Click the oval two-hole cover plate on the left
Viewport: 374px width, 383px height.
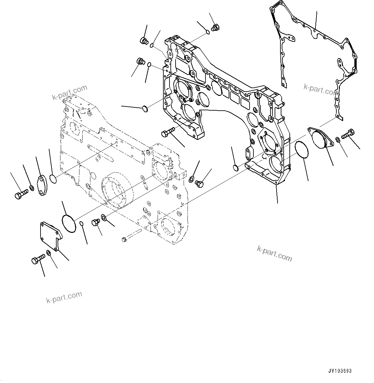coord(43,186)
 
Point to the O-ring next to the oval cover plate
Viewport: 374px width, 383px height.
coord(53,178)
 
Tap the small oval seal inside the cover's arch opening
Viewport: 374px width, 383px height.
coord(235,168)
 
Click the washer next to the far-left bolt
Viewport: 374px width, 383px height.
coord(32,187)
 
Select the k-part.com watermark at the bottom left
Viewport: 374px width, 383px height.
coord(64,297)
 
